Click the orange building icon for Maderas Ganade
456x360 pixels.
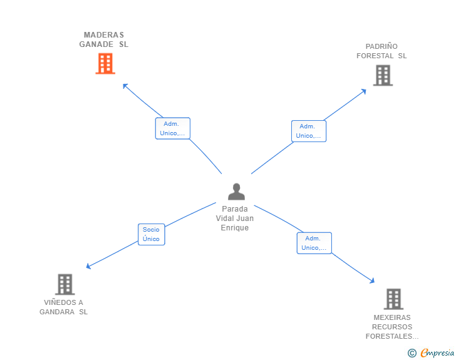click(x=105, y=63)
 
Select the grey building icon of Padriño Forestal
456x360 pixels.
click(x=382, y=75)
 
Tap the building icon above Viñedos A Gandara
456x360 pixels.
click(x=65, y=284)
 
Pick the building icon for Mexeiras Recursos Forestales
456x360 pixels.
click(x=393, y=299)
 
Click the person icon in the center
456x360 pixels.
click(x=236, y=192)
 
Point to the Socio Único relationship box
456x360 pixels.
click(x=151, y=234)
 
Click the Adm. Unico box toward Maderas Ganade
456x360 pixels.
click(x=172, y=128)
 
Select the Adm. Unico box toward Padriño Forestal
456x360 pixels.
click(x=308, y=131)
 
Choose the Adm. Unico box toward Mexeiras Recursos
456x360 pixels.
click(x=314, y=243)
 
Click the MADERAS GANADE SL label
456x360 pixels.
click(x=104, y=39)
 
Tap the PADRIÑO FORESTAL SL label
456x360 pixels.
click(x=381, y=51)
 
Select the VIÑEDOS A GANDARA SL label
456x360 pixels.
click(x=64, y=307)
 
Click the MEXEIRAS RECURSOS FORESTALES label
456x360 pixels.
click(x=392, y=327)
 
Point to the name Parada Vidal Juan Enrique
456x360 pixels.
click(x=235, y=219)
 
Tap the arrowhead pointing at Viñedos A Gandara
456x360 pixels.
click(x=88, y=267)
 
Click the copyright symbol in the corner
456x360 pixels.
click(x=412, y=353)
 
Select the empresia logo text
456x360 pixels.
click(x=437, y=353)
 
